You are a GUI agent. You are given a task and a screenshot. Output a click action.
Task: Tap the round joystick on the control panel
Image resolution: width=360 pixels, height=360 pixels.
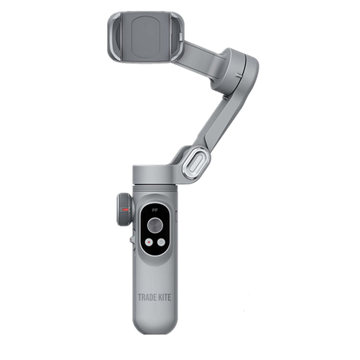point(155,226)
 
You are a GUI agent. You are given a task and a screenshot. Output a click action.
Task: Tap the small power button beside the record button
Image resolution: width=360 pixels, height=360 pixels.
point(161,242)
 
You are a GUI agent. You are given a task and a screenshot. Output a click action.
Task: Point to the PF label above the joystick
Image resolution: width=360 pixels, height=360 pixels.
point(155,211)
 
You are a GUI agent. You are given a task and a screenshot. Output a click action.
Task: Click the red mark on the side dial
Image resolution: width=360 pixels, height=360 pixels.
point(125,211)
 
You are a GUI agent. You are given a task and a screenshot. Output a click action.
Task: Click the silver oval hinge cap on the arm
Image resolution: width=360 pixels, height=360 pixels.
point(196,162)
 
